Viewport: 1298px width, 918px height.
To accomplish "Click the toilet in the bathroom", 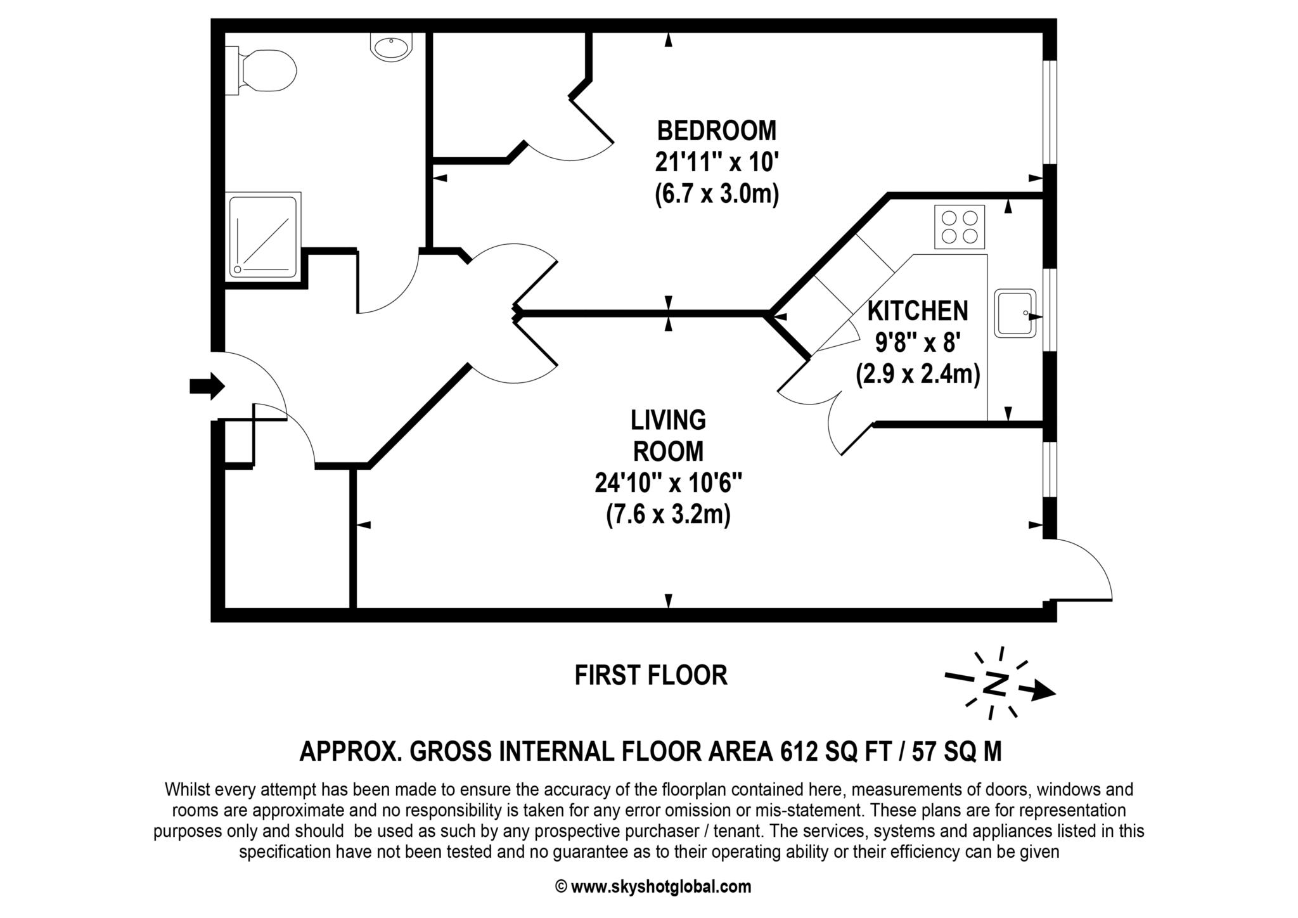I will pos(266,69).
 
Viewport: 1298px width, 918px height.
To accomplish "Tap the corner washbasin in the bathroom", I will pos(390,47).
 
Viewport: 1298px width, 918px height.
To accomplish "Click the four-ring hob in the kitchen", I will pos(960,227).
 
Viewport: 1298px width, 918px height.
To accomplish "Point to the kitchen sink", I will pos(1015,313).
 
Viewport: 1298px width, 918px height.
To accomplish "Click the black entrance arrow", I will pos(207,385).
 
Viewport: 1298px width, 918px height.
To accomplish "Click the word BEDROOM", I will pos(716,131).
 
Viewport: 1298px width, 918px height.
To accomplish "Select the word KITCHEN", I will pos(917,311).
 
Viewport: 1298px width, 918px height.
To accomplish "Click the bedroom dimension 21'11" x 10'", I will pos(716,162).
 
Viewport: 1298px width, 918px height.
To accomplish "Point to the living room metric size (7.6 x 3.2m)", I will pos(668,514).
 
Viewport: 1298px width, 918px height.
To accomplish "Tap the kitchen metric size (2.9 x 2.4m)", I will pos(917,374).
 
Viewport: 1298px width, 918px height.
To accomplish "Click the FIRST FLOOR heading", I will pos(651,675).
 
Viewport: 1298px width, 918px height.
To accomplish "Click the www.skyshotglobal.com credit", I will pos(660,886).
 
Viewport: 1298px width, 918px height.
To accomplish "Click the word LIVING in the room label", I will pos(668,420).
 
